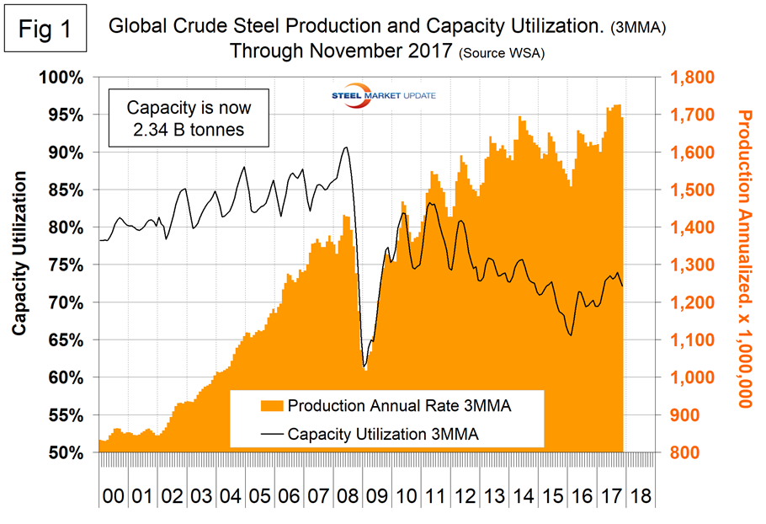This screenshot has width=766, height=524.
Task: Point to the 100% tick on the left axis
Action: (58, 78)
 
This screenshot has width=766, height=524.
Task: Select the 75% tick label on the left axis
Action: (61, 265)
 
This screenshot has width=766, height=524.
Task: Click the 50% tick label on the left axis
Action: (61, 453)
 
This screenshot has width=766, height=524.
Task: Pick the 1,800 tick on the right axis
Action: (690, 78)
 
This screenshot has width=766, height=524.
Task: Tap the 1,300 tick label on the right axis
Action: (690, 265)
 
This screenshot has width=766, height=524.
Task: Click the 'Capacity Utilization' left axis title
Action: (19, 253)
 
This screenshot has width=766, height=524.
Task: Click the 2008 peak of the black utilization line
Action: (346, 147)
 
